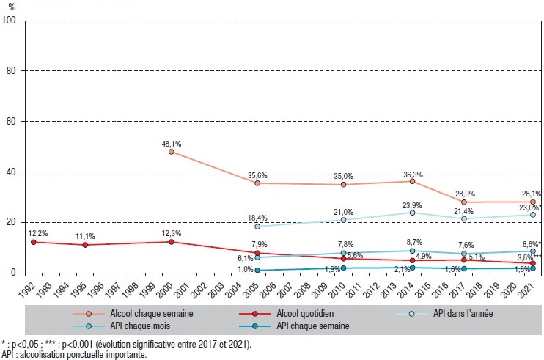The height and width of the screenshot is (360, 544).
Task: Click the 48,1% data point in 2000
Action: click(x=172, y=152)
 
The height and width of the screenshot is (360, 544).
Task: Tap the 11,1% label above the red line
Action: click(x=85, y=236)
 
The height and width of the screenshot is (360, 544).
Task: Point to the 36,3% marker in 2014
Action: click(x=413, y=181)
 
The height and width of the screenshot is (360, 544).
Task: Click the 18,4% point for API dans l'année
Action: click(x=257, y=227)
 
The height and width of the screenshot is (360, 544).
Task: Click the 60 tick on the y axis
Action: click(x=12, y=121)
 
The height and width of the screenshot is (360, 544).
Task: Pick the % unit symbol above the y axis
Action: click(x=11, y=7)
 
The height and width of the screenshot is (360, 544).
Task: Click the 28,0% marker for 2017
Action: click(x=464, y=202)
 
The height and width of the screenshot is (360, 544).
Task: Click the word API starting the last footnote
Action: click(x=9, y=354)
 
